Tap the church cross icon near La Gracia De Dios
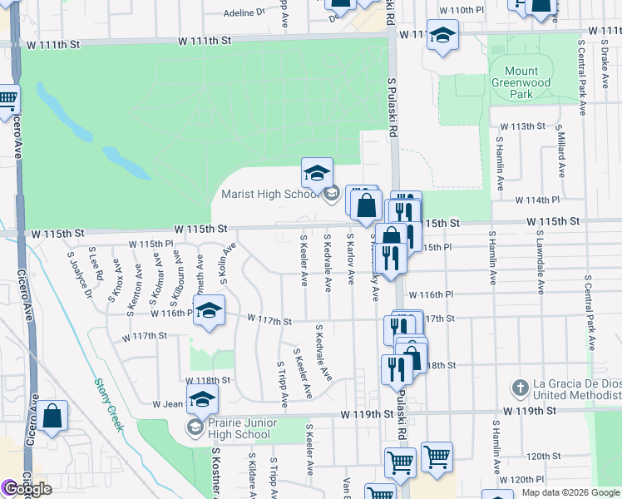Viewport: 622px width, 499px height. click(x=520, y=388)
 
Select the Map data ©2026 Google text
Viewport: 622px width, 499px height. click(x=570, y=492)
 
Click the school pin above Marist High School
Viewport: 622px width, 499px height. click(x=317, y=173)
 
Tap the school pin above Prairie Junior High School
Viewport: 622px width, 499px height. click(x=201, y=399)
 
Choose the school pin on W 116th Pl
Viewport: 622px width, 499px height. click(x=210, y=310)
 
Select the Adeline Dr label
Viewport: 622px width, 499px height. click(x=244, y=13)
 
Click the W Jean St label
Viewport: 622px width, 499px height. click(x=167, y=404)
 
